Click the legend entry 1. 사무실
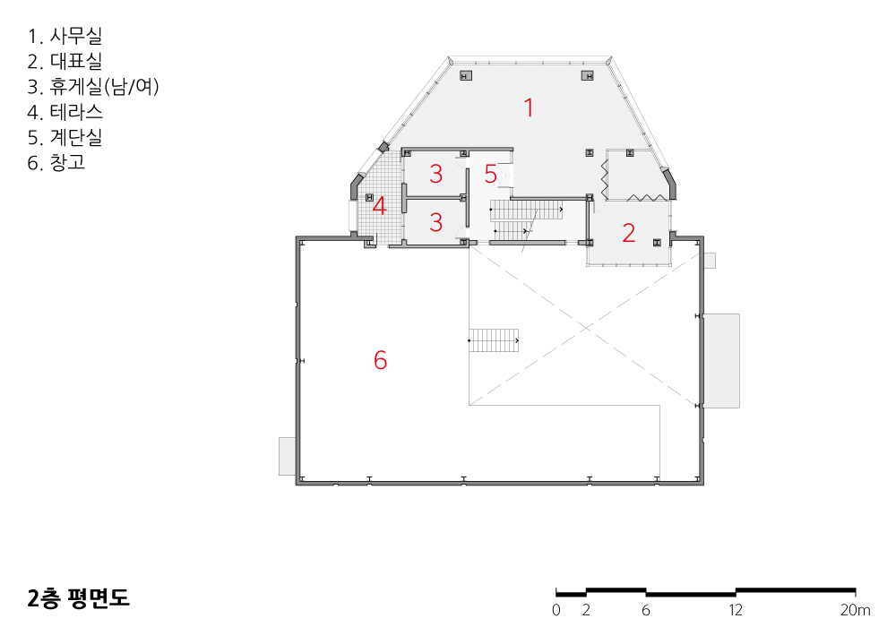coord(65,36)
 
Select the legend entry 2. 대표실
coord(65,61)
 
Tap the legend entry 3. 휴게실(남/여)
coord(93,86)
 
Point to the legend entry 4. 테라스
coord(65,112)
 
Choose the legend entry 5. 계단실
coord(65,137)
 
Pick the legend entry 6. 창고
coord(56,163)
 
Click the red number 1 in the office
coord(530,107)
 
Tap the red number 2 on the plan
coord(629,233)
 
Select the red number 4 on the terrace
coord(379,206)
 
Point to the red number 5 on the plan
coord(490,174)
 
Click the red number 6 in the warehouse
coord(380,360)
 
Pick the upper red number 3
coord(436,174)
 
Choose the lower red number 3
coord(436,222)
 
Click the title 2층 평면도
coord(78,597)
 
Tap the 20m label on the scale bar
coord(856,611)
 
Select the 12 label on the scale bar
coord(736,611)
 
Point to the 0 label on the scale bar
coord(556,611)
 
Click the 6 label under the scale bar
coord(646,611)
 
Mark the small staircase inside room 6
coord(494,340)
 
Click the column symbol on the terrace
coord(369,198)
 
